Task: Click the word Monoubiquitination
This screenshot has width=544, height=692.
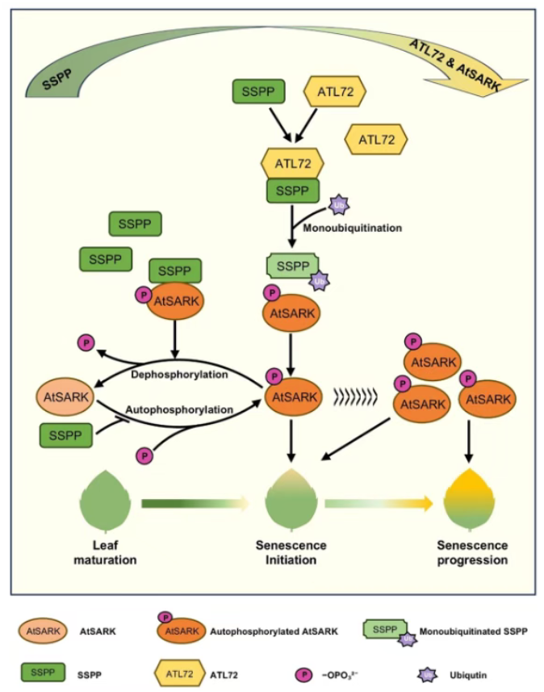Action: pyautogui.click(x=352, y=229)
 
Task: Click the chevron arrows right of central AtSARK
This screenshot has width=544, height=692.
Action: pyautogui.click(x=355, y=396)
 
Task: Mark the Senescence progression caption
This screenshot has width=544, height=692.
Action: pyautogui.click(x=472, y=552)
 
